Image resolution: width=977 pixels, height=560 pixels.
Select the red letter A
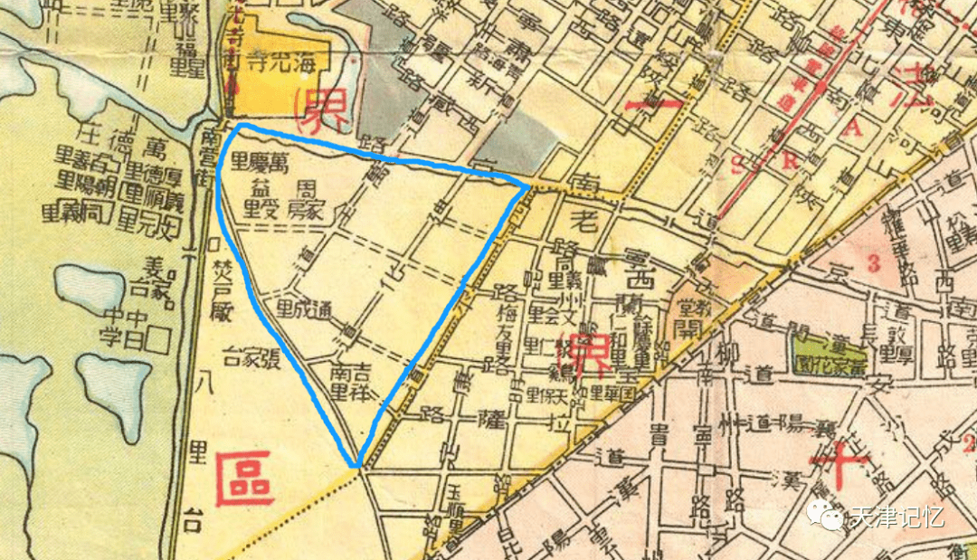850,130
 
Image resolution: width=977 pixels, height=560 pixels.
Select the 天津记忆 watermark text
896,517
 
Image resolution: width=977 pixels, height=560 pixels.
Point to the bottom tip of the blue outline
358,466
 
